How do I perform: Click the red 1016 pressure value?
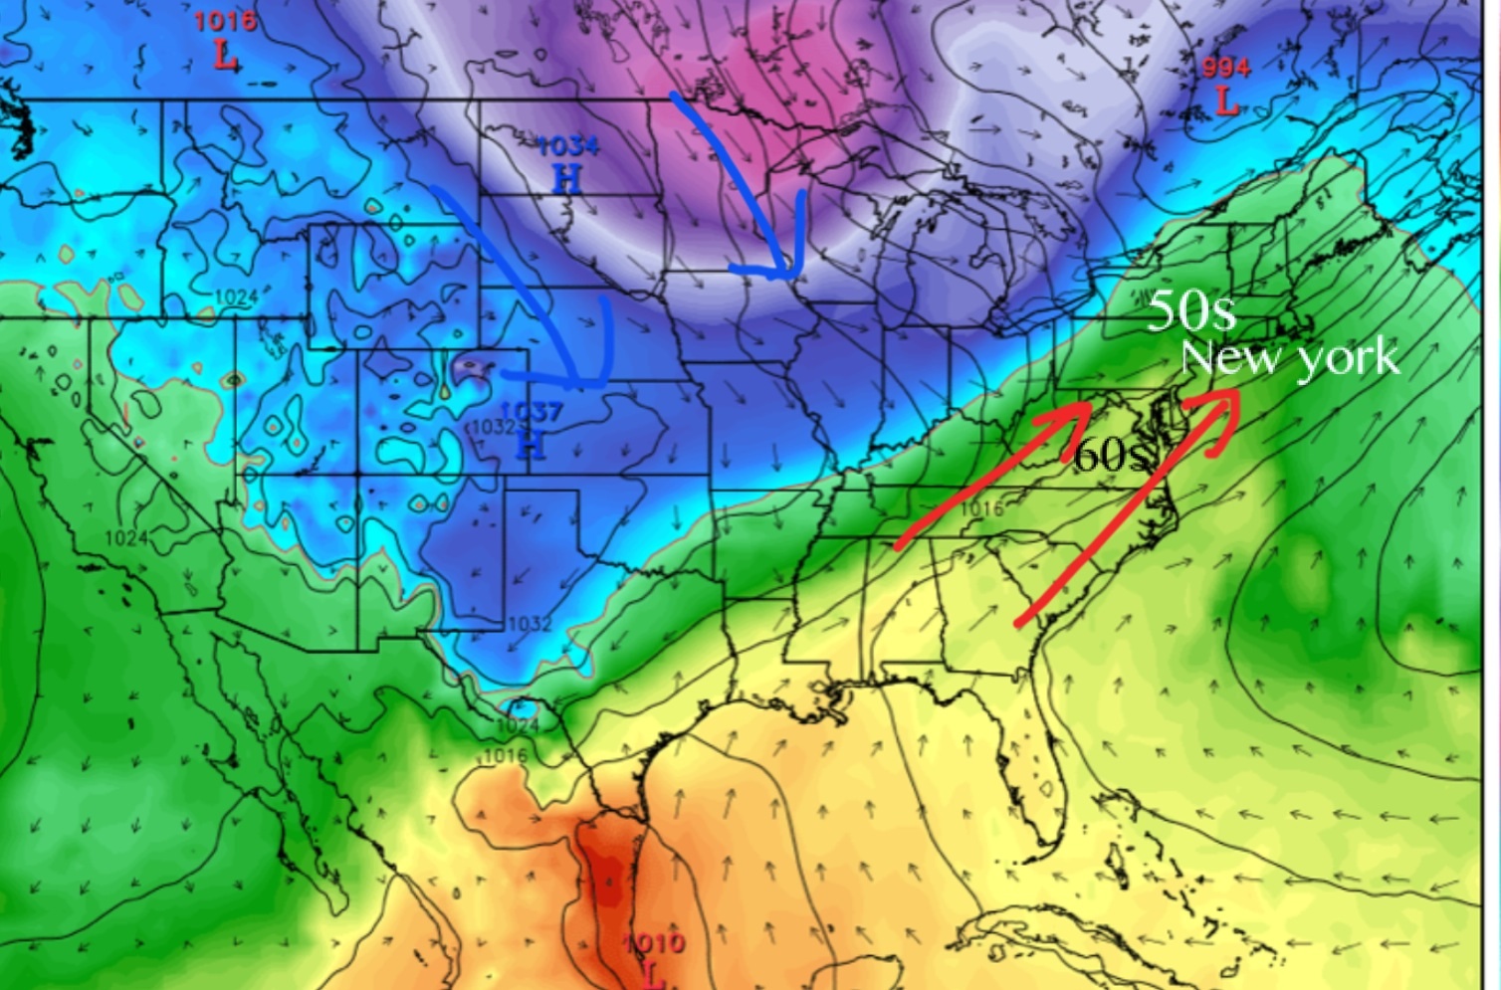coord(224,21)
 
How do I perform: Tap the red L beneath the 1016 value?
coord(226,56)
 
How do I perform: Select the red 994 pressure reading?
coord(1225,68)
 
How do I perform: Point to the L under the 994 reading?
coord(1226,100)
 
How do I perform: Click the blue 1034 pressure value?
coord(568,147)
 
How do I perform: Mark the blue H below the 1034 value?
coord(566,179)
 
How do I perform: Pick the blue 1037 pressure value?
coord(533,411)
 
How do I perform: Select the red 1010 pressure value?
coord(654,943)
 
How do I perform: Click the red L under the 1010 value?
coord(654,976)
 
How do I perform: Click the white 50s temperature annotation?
coord(1191,312)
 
